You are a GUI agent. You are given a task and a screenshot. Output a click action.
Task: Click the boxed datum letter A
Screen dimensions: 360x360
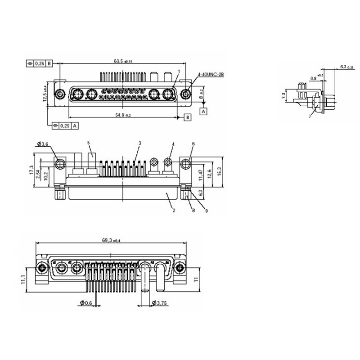(x=203, y=110)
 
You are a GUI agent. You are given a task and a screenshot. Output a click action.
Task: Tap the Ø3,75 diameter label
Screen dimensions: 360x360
(x=161, y=303)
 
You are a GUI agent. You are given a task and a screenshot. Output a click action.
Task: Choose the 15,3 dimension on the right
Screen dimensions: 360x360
(x=219, y=171)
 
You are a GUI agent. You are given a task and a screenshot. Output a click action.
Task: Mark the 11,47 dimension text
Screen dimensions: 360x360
(x=200, y=174)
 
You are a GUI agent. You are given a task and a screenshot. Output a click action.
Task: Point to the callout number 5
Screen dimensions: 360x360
(x=89, y=143)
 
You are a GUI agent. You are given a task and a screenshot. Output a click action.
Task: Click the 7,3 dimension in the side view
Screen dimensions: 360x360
(x=283, y=95)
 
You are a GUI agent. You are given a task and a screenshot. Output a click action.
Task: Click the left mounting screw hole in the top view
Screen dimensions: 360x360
(x=59, y=94)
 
